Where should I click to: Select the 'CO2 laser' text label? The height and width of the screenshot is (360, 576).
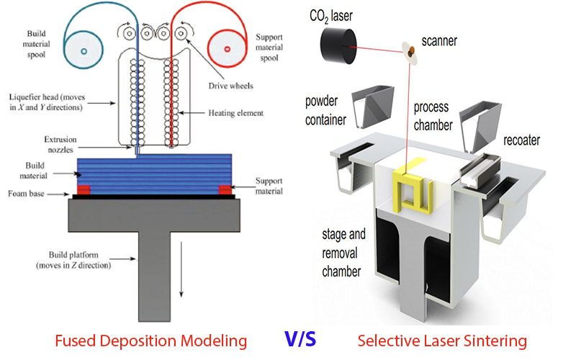(x=330, y=14)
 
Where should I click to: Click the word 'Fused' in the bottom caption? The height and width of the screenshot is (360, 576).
(x=76, y=341)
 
